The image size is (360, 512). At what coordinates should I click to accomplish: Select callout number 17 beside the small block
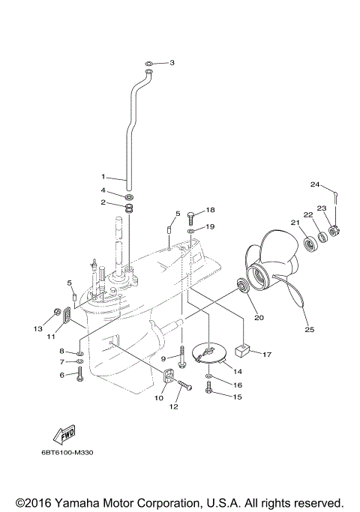(x=267, y=353)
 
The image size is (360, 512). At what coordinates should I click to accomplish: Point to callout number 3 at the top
(x=172, y=63)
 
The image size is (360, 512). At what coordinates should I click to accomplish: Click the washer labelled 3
(x=148, y=62)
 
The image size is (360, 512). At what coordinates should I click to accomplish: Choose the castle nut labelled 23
(x=334, y=229)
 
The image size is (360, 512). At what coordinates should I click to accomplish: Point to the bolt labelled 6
(x=79, y=374)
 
